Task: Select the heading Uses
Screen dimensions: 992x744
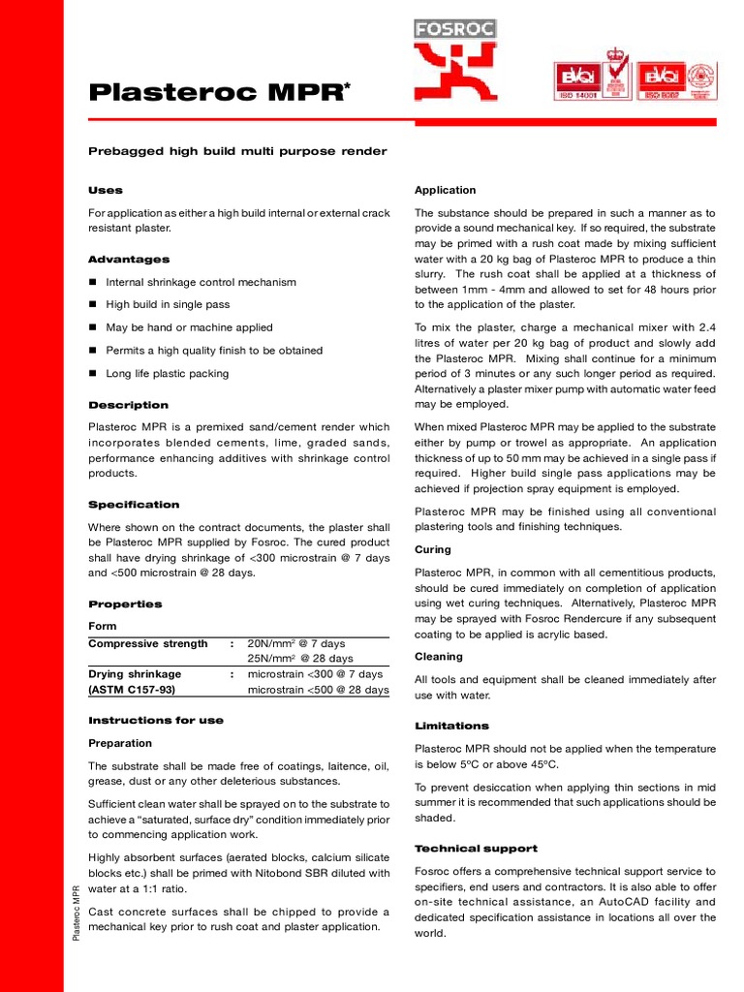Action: point(106,190)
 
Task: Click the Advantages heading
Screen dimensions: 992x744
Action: point(129,260)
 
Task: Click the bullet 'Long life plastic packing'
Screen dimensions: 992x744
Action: point(168,374)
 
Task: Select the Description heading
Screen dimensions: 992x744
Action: point(128,405)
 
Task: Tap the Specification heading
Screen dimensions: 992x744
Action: point(134,505)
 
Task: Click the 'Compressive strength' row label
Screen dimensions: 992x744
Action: point(148,644)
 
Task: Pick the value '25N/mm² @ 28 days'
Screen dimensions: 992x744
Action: point(296,660)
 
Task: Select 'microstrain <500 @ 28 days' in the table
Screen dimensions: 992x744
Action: point(318,691)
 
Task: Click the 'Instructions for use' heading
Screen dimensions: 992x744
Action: point(156,721)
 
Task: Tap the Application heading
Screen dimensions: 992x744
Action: point(446,190)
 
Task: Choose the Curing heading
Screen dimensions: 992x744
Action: point(432,550)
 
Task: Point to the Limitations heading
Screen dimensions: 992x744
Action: point(451,726)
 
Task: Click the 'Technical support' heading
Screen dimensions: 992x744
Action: point(476,849)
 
